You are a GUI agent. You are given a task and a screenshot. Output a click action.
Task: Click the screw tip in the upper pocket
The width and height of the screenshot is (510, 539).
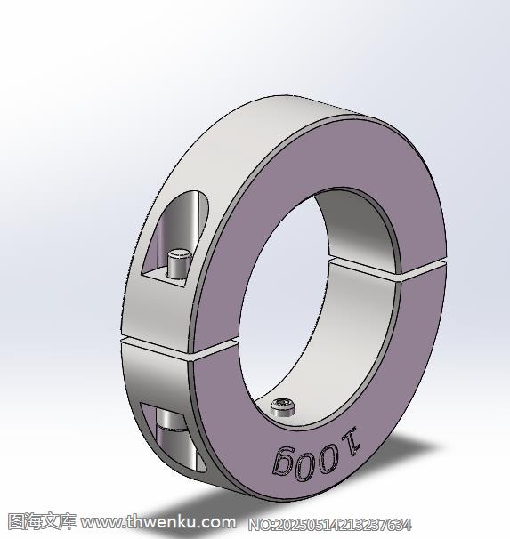tap(178, 262)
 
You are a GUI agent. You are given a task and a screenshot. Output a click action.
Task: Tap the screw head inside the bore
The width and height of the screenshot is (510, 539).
tap(283, 407)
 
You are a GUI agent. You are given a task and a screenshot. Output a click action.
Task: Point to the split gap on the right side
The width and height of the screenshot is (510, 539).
tap(389, 268)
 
